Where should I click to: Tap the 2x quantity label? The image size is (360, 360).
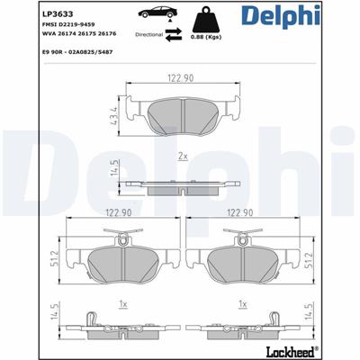tap(183, 157)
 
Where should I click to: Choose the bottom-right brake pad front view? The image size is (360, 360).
tap(242, 262)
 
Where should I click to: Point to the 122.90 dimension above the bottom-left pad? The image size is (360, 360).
tap(120, 214)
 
